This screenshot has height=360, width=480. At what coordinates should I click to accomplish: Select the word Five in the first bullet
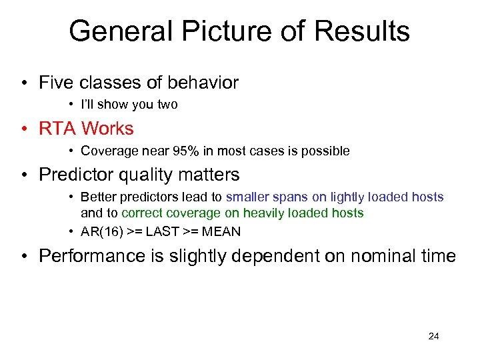(x=57, y=83)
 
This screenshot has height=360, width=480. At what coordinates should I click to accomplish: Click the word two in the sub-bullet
(x=167, y=105)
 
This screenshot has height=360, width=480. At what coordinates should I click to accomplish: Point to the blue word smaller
(x=247, y=197)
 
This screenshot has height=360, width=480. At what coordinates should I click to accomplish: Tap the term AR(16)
(x=100, y=232)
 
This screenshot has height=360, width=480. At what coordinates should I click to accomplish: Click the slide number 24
(x=433, y=337)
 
